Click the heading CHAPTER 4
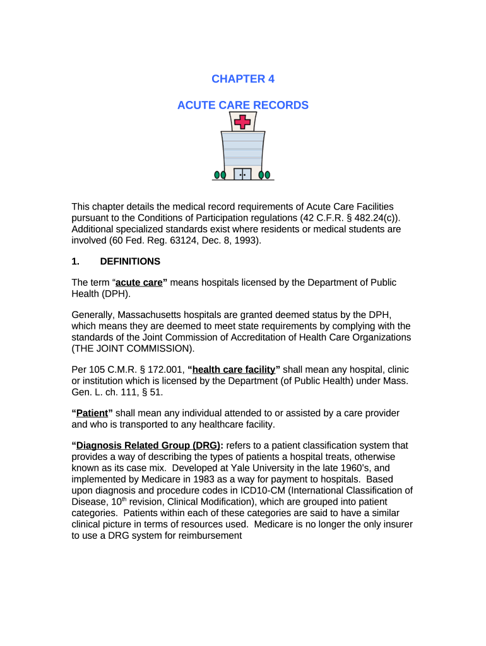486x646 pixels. (x=243, y=79)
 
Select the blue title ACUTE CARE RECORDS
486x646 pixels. (x=243, y=105)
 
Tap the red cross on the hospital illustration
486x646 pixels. (x=242, y=121)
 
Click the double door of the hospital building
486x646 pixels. (x=242, y=173)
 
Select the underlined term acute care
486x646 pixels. (x=139, y=283)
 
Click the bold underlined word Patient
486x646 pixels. (x=92, y=413)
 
